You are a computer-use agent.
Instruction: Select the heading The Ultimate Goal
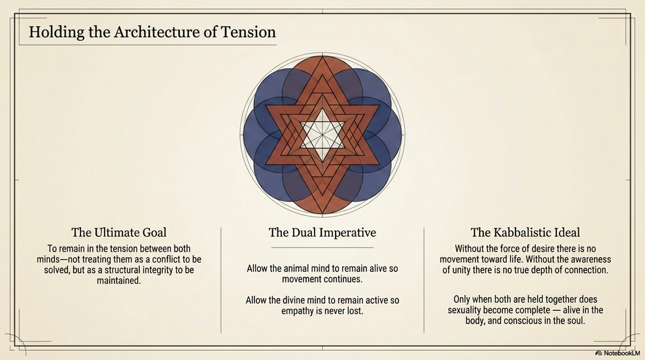pyautogui.click(x=118, y=232)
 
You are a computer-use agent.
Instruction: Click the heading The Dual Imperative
pyautogui.click(x=322, y=232)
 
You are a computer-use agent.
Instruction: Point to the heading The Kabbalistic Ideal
pyautogui.click(x=525, y=232)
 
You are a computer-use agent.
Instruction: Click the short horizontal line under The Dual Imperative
pyautogui.click(x=322, y=247)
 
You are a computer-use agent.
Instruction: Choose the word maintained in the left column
pyautogui.click(x=118, y=281)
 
